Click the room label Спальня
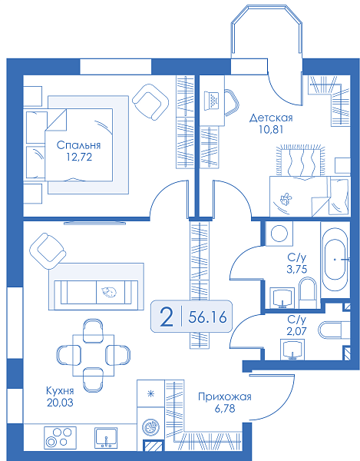pos(78,145)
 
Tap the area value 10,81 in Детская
pos(271,130)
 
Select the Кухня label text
pos(60,391)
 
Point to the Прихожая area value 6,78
pos(225,409)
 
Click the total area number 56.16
pos(207,317)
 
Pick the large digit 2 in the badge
pos(167,317)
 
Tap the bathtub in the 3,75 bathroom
pos(335,260)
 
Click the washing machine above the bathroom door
pos(279,234)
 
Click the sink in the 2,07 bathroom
pos(292,350)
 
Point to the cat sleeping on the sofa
pos(109,291)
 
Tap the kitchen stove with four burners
pos(60,437)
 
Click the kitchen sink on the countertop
pos(106,437)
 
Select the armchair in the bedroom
pos(150,101)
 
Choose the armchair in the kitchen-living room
pos(48,251)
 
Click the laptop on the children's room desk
pos(211,101)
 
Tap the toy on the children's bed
pos(285,199)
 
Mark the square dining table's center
pos(94,355)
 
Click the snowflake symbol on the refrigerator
pos(151,393)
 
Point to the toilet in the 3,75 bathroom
pos(308,293)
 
